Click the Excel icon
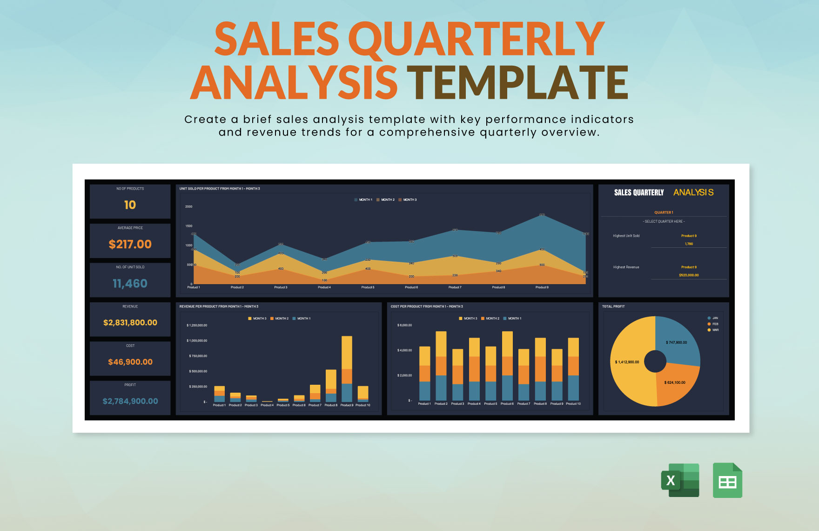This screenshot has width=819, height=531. [x=680, y=480]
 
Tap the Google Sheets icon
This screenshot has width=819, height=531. [x=727, y=480]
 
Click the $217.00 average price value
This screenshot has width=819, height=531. [x=130, y=244]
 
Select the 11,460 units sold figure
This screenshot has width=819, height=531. [x=130, y=283]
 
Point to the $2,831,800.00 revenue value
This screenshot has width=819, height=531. [x=130, y=322]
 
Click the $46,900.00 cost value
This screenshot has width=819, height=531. [x=130, y=362]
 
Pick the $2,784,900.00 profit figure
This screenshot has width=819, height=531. [x=130, y=401]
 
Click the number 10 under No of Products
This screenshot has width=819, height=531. [x=130, y=205]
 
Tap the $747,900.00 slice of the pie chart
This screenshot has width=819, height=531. [x=676, y=342]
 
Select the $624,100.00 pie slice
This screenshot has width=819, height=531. [x=675, y=382]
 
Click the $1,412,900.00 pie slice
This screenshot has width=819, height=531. [x=627, y=362]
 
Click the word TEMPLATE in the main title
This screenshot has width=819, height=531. [x=517, y=82]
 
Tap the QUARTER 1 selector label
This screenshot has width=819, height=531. [x=664, y=212]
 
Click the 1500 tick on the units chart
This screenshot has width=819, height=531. [x=188, y=226]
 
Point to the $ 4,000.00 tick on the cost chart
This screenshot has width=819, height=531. [x=404, y=350]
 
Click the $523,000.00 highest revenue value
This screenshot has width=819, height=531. [x=689, y=275]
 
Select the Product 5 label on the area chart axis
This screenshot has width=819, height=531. [x=368, y=287]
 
